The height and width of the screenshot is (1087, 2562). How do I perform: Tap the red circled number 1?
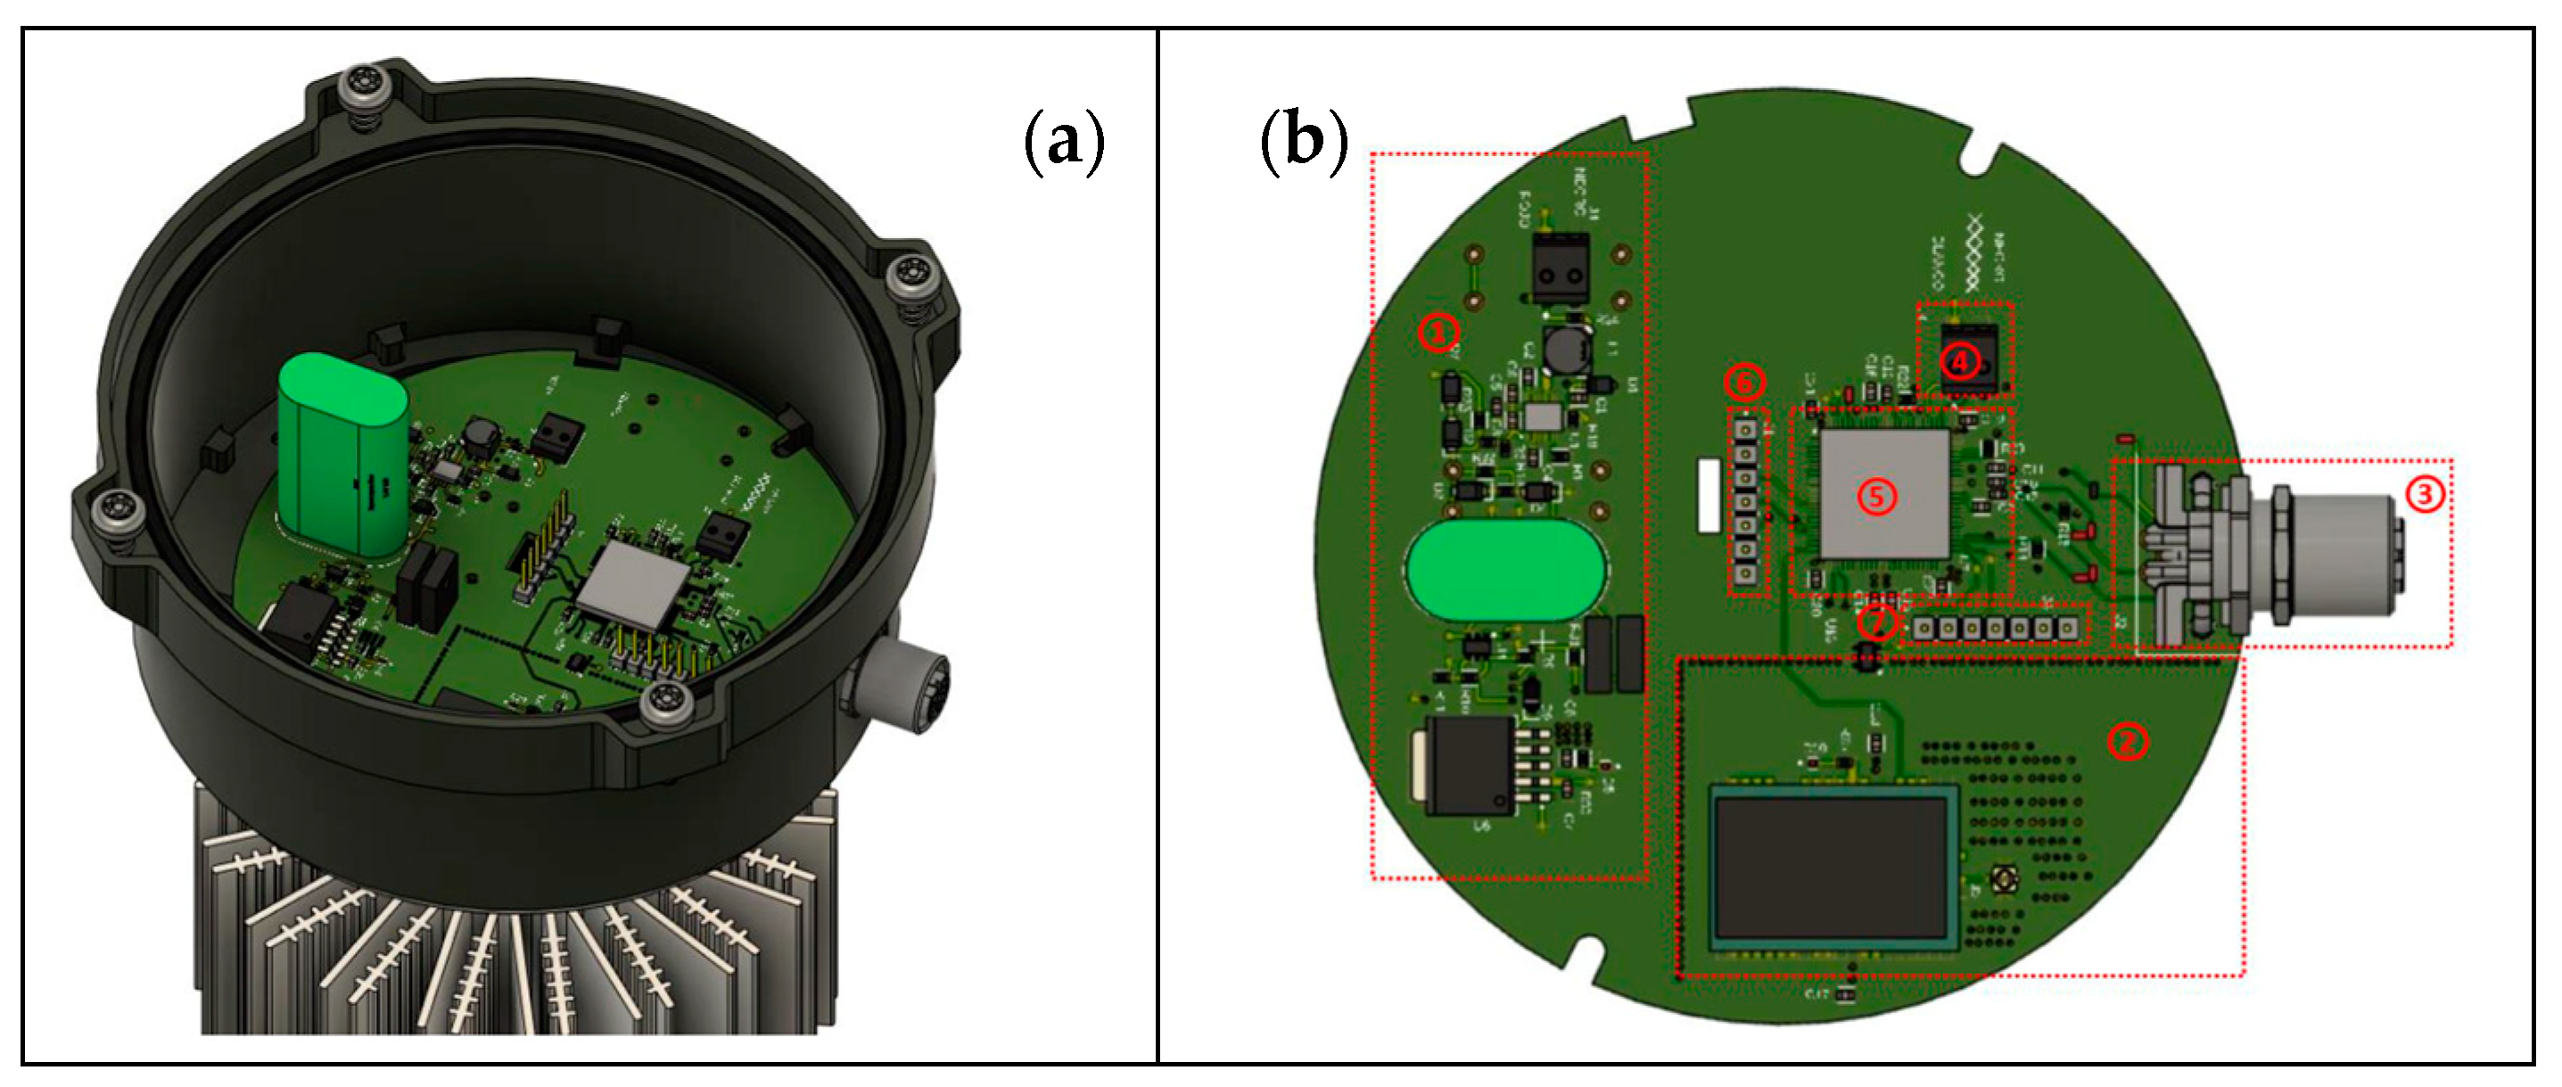point(1438,333)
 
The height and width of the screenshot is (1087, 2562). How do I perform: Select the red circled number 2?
point(2128,741)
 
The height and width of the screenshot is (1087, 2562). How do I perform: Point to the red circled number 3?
point(2425,493)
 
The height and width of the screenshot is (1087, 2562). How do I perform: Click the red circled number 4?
point(1959,361)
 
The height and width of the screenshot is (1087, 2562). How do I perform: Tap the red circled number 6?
point(1743,382)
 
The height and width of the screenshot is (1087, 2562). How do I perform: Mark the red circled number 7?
point(1875,622)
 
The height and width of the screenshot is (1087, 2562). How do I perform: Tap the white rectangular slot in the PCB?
point(1709,494)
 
